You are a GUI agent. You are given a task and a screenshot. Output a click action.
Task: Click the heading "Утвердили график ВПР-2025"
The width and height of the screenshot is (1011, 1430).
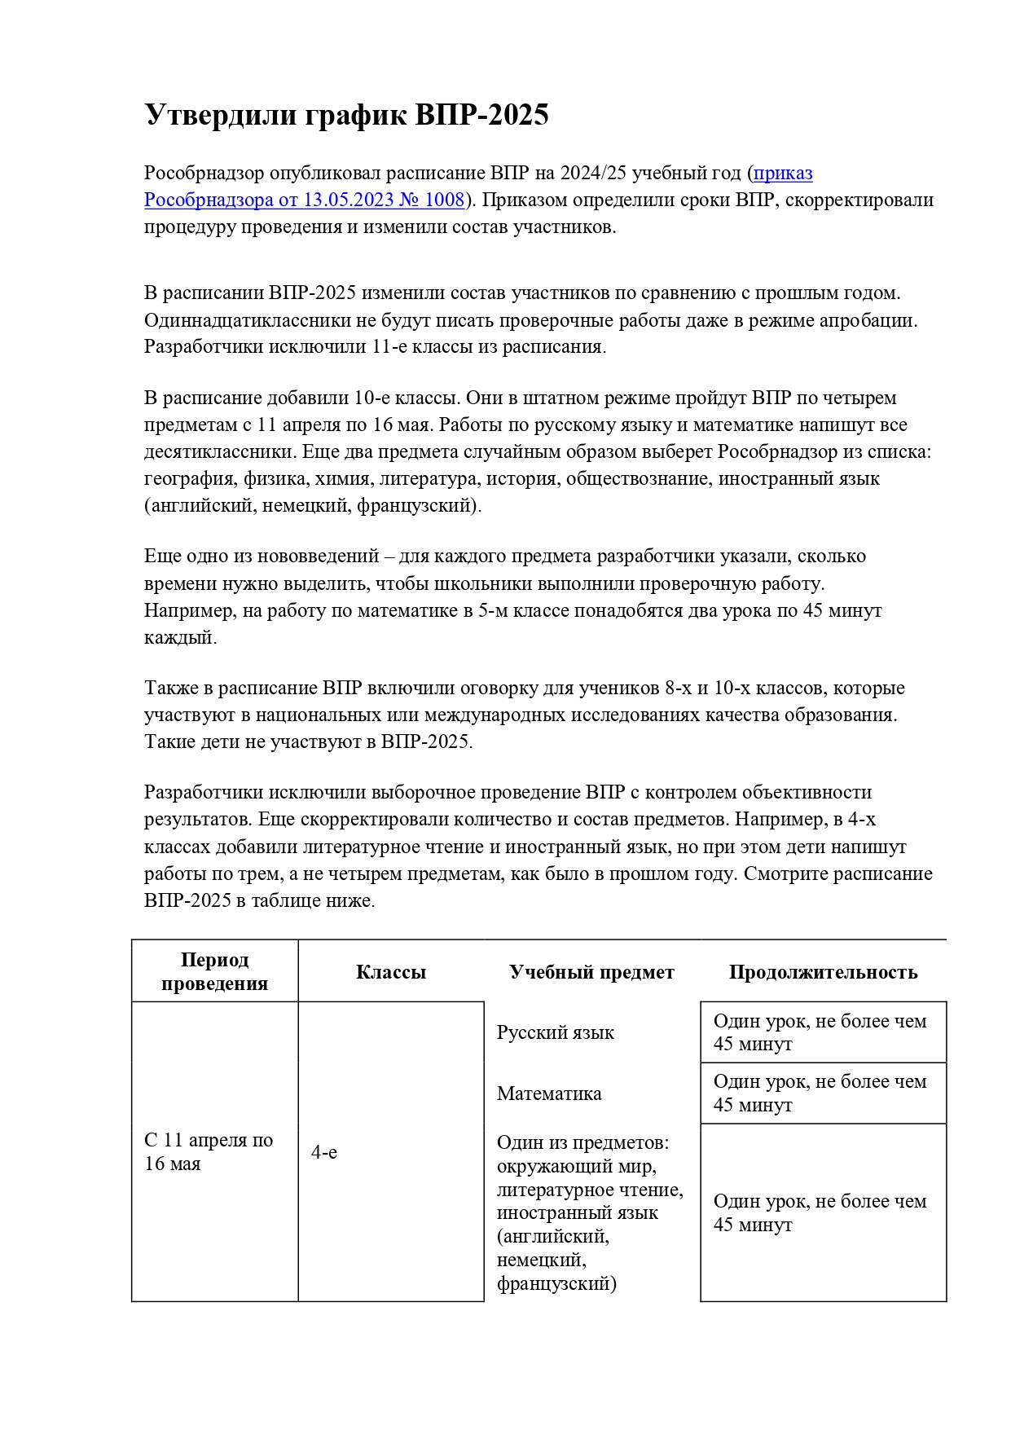[x=346, y=115]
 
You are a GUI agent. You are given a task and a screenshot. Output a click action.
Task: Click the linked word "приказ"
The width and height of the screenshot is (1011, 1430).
[x=783, y=173]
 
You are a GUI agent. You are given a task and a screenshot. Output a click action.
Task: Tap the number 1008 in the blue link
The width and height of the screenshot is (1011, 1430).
[x=442, y=200]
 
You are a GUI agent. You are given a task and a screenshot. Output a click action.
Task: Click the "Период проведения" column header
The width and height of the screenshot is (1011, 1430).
[x=214, y=971]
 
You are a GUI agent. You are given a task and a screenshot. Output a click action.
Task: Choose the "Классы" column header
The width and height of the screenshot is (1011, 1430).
[x=391, y=971]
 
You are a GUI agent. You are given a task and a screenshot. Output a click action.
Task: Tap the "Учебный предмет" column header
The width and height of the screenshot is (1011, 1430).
[x=591, y=971]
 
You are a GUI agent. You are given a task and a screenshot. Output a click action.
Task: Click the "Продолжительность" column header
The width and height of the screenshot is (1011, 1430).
[x=823, y=971]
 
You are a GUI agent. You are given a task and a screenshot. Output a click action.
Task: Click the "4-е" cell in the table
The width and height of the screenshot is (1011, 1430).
[x=324, y=1152]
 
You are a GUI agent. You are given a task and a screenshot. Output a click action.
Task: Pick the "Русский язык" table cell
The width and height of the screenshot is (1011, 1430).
[x=556, y=1032]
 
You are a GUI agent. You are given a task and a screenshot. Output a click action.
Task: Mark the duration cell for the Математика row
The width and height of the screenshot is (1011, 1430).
[x=820, y=1093]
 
